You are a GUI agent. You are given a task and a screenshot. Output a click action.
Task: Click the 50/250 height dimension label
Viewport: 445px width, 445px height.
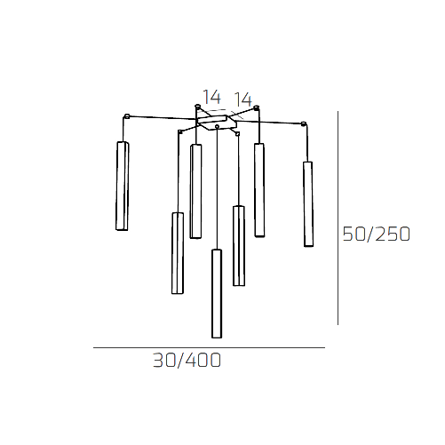click(x=376, y=234)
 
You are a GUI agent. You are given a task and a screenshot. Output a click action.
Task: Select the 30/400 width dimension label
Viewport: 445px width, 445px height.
click(x=187, y=361)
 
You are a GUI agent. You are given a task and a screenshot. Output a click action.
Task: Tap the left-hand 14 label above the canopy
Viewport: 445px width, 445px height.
click(x=211, y=98)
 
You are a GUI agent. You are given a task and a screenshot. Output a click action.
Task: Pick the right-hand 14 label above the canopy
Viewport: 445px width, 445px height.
click(x=242, y=99)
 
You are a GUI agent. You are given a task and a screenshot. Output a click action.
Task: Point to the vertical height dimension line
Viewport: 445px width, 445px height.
click(x=338, y=218)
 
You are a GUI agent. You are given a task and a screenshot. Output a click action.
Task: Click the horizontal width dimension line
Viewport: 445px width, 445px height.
click(x=209, y=347)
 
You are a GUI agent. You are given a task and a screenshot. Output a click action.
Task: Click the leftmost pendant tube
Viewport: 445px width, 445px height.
click(x=122, y=186)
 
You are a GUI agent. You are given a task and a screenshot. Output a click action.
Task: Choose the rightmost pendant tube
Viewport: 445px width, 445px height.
click(x=308, y=203)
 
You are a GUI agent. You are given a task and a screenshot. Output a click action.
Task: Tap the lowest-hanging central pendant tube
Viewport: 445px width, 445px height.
click(x=216, y=293)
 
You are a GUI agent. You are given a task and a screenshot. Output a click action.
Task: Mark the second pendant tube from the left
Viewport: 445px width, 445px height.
click(x=178, y=253)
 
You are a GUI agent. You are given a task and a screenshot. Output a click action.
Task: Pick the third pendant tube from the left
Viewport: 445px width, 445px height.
click(x=195, y=191)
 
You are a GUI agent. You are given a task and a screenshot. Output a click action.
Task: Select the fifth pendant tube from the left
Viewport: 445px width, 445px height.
click(x=238, y=245)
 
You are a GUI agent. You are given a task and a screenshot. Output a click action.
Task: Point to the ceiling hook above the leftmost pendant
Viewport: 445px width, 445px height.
click(x=127, y=116)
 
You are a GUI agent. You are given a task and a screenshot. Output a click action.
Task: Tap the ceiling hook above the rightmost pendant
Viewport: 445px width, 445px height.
click(x=306, y=123)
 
